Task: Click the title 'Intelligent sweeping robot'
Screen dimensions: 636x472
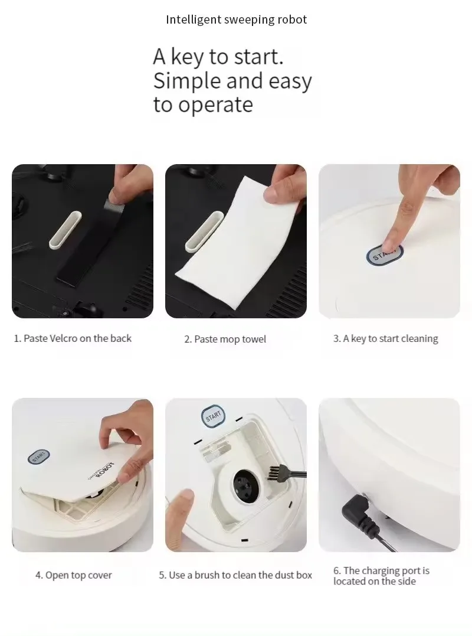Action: (x=236, y=19)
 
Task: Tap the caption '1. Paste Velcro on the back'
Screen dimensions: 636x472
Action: (x=73, y=338)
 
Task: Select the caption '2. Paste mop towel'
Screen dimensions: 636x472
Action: (x=225, y=339)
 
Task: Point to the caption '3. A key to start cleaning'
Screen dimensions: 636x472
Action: (x=385, y=339)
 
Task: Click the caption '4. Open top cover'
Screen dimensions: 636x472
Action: (x=73, y=575)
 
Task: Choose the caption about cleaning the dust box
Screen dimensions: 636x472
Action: (x=235, y=575)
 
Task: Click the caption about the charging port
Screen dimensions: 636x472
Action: (x=381, y=576)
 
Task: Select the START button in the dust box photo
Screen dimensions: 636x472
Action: (x=212, y=416)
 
